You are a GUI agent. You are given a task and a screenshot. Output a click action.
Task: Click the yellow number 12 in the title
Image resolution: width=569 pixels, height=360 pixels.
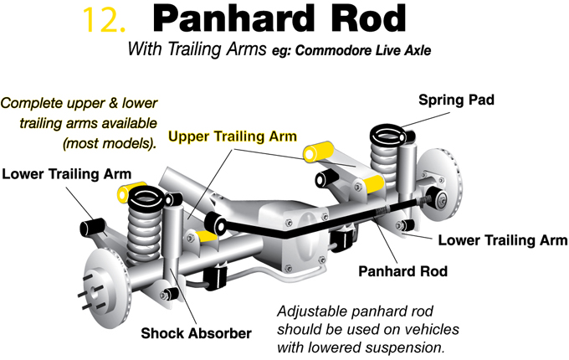pyautogui.click(x=104, y=20)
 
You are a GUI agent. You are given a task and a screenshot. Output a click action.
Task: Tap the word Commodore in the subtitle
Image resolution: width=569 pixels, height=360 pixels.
pyautogui.click(x=334, y=50)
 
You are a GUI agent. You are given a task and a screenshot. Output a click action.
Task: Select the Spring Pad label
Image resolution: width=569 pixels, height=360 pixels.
pyautogui.click(x=456, y=100)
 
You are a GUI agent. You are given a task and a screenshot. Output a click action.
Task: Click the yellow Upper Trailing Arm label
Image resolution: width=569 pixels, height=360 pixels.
pyautogui.click(x=233, y=136)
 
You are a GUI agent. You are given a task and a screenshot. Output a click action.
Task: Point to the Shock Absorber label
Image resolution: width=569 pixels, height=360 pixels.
pyautogui.click(x=196, y=333)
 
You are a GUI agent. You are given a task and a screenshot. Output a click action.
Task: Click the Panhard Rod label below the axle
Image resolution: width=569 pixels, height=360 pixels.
pyautogui.click(x=402, y=271)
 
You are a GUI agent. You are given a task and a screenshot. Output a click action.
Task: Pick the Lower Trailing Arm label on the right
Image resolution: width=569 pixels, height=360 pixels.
pyautogui.click(x=503, y=240)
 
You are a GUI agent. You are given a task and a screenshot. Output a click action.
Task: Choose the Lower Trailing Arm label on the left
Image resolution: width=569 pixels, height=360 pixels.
pyautogui.click(x=66, y=174)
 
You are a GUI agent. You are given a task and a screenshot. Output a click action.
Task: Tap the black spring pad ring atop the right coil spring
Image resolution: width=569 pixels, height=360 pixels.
pyautogui.click(x=388, y=136)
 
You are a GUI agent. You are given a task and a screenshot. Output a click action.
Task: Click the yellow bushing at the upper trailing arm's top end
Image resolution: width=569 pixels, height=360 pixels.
pyautogui.click(x=318, y=152)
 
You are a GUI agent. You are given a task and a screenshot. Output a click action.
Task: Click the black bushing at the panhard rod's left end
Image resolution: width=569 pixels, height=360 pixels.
pyautogui.click(x=216, y=224)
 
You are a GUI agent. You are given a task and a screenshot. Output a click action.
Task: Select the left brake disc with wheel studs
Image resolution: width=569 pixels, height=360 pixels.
pyautogui.click(x=105, y=286)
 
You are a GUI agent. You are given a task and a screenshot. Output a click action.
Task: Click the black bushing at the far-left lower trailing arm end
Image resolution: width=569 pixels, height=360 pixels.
pyautogui.click(x=90, y=227)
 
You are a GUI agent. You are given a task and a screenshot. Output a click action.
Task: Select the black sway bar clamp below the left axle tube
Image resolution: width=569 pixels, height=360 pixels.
pyautogui.click(x=215, y=276)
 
